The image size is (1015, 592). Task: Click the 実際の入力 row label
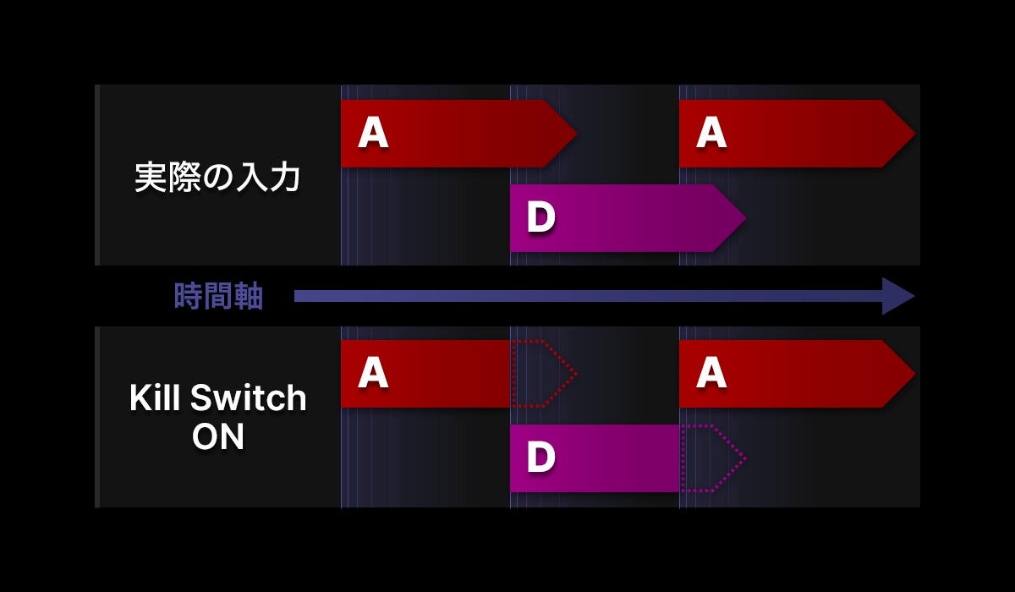217,178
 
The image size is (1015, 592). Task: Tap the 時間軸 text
218,297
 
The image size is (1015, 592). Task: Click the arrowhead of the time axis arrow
898,296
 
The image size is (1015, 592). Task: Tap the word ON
218,437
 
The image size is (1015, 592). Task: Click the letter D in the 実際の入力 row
540,218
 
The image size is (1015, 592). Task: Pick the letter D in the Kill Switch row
540,458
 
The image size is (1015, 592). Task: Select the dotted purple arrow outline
713,458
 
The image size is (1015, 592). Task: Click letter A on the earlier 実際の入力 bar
373,134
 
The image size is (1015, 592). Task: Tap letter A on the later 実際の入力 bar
711,134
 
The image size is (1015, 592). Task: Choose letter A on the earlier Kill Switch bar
373,374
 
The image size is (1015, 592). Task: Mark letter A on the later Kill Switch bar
711,374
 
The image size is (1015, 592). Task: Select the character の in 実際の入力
217,178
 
